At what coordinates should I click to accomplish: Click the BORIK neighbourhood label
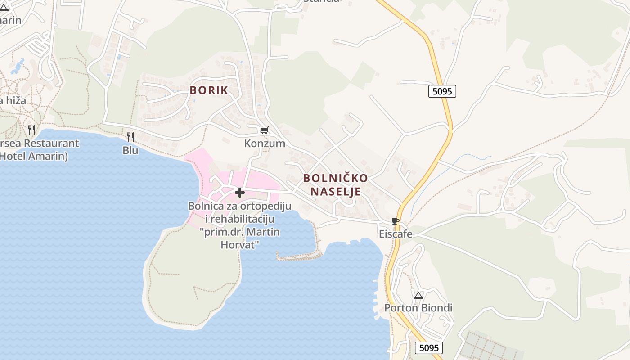[209, 90]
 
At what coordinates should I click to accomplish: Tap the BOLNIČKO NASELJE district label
[335, 184]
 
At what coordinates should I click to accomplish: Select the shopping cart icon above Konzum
[264, 130]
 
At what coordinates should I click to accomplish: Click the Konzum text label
[265, 144]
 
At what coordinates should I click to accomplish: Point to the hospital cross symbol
[240, 193]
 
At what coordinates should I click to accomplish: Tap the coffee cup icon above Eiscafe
[396, 221]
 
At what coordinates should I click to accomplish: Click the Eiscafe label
[396, 234]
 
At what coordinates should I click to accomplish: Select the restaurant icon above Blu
[130, 137]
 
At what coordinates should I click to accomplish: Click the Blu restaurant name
[130, 150]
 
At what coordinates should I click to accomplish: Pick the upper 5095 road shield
[441, 92]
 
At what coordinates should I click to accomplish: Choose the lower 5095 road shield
[428, 347]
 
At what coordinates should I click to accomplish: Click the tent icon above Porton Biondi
[418, 296]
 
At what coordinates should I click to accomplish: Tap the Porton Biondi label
[418, 308]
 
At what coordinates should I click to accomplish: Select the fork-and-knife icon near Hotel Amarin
[31, 130]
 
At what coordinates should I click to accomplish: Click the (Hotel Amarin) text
[34, 156]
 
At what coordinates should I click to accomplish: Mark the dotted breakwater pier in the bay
[299, 257]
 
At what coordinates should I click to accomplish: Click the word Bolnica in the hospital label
[205, 206]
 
